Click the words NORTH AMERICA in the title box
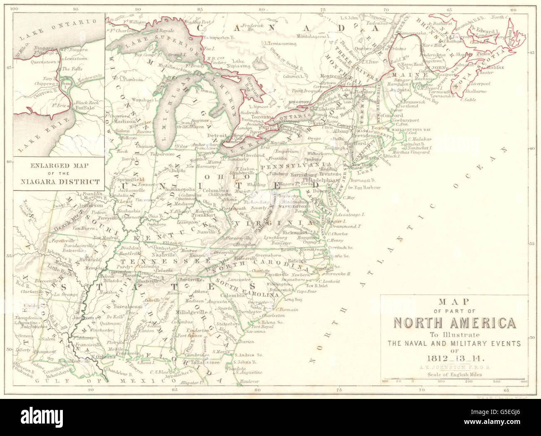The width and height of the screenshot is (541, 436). point(454,323)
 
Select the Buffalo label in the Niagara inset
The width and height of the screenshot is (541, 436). point(84,107)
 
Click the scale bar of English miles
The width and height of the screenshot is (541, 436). point(454,380)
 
